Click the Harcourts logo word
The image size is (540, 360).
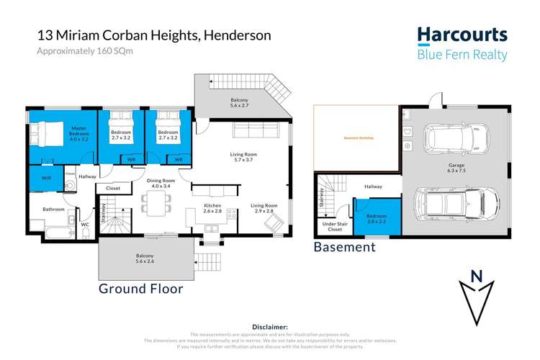click(462, 35)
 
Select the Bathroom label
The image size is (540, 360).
click(54, 210)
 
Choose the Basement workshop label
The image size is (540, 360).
click(356, 138)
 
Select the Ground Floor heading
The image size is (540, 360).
click(140, 289)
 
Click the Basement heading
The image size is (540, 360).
click(344, 247)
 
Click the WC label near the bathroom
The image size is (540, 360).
click(84, 224)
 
